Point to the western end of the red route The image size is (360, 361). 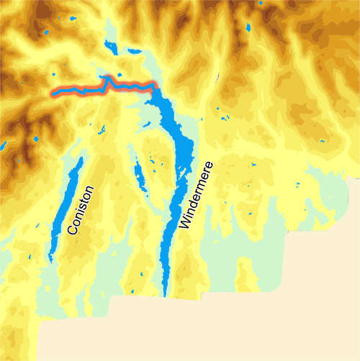coord(52,92)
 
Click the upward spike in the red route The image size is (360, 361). coord(108,78)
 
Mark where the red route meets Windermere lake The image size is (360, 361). coord(153,87)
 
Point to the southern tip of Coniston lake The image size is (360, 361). coord(50,259)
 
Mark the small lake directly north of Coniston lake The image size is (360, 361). coord(101,130)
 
